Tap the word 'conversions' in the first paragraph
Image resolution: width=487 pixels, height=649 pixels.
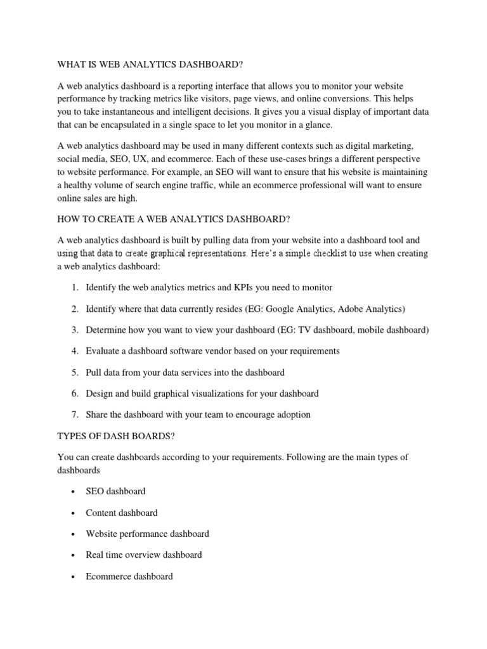click(x=335, y=99)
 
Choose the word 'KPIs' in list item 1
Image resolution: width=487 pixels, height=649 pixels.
click(x=243, y=287)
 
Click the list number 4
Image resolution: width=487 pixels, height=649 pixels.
click(x=74, y=350)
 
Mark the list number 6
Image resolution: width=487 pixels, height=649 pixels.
click(x=74, y=394)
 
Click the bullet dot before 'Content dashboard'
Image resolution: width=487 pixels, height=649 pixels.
click(x=74, y=513)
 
